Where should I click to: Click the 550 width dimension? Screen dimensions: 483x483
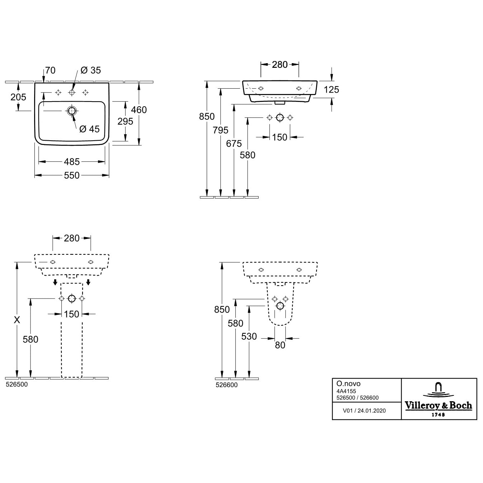click(72, 175)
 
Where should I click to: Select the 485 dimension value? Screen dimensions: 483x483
click(72, 162)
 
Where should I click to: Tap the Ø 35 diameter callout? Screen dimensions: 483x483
click(90, 70)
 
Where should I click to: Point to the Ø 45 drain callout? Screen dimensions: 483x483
click(89, 129)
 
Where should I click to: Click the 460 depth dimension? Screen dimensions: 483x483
click(139, 110)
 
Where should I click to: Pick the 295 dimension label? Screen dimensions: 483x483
click(125, 122)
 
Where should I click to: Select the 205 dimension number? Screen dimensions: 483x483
click(18, 97)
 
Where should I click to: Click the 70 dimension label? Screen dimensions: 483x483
click(50, 70)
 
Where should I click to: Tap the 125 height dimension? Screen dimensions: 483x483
click(331, 90)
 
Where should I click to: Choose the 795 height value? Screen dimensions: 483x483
click(220, 130)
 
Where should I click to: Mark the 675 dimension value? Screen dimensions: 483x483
click(234, 144)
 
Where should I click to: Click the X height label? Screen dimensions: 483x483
click(17, 320)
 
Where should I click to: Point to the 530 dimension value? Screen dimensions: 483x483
click(249, 337)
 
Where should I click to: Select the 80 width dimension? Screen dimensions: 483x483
click(280, 345)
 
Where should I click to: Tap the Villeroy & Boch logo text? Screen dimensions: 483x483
click(439, 405)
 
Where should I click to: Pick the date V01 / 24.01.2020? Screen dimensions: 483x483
click(364, 411)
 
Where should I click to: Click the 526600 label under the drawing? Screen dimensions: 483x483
click(226, 385)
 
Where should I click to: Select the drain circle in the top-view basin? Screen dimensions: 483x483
click(72, 111)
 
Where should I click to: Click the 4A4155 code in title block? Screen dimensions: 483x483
click(346, 391)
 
